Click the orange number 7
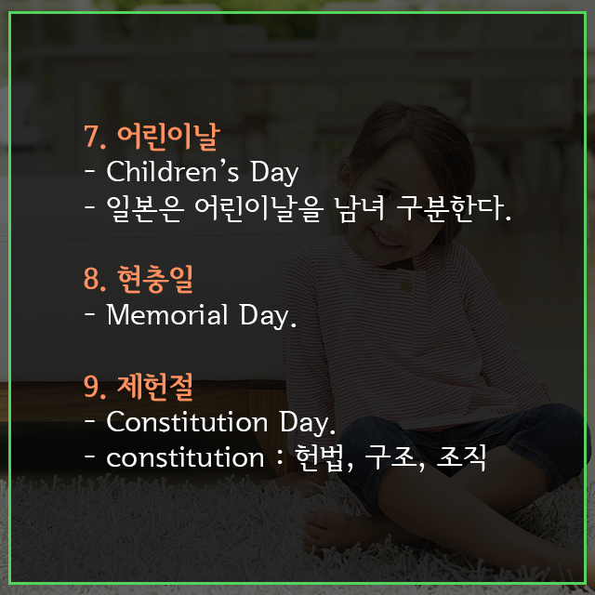tap(92, 137)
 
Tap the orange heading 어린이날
tap(168, 137)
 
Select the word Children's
tap(173, 171)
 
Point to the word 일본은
tap(145, 208)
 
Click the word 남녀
tap(360, 208)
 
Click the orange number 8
tap(92, 279)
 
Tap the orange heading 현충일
tap(155, 279)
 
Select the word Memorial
tap(167, 314)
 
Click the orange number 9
tap(92, 387)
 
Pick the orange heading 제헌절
tap(155, 387)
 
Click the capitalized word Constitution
tap(187, 421)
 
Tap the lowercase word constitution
tap(185, 457)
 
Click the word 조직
tap(461, 458)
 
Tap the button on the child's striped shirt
tap(405, 285)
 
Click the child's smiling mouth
tap(386, 240)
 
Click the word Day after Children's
tap(274, 173)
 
